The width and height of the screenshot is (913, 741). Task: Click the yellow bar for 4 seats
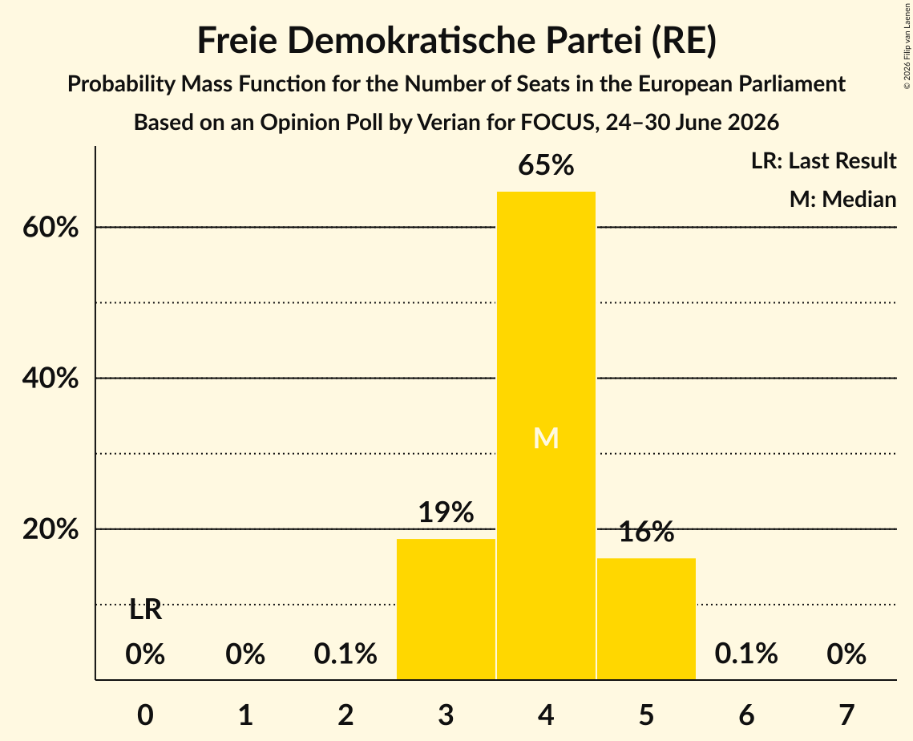pyautogui.click(x=546, y=435)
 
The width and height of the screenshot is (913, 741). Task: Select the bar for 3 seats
pyautogui.click(x=446, y=609)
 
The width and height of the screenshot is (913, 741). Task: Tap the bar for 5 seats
pyautogui.click(x=646, y=618)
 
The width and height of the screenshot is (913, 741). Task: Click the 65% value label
pyautogui.click(x=546, y=165)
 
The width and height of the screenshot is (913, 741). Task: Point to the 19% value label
pyautogui.click(x=446, y=512)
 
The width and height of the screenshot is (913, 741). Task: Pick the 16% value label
pyautogui.click(x=646, y=531)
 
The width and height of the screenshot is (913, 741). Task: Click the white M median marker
pyautogui.click(x=546, y=438)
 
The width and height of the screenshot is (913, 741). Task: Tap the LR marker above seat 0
pyautogui.click(x=146, y=610)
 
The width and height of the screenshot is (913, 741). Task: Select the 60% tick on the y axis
pyautogui.click(x=50, y=227)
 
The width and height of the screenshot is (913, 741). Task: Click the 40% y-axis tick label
pyautogui.click(x=50, y=378)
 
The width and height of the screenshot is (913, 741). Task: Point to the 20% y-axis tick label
pyautogui.click(x=50, y=529)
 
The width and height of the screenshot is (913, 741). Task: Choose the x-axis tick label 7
pyautogui.click(x=846, y=715)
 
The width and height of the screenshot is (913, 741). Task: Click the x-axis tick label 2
pyautogui.click(x=345, y=715)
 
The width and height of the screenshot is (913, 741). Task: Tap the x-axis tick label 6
pyautogui.click(x=746, y=715)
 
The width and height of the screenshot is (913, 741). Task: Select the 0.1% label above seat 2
pyautogui.click(x=345, y=654)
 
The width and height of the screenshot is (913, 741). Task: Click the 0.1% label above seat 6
pyautogui.click(x=746, y=654)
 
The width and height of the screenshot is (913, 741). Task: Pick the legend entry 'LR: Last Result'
pyautogui.click(x=823, y=160)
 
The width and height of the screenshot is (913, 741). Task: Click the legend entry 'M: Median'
pyautogui.click(x=842, y=199)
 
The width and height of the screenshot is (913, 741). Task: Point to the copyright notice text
pyautogui.click(x=907, y=46)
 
